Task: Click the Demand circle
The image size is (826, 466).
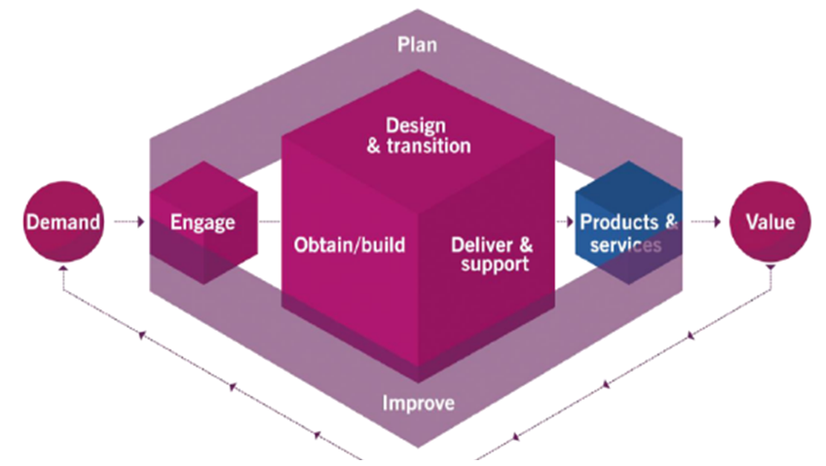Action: [62, 222]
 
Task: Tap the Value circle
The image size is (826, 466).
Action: [770, 222]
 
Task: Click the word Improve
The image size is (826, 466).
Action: [418, 402]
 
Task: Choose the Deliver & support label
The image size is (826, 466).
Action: [492, 253]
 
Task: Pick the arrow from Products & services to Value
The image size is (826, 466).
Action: [702, 222]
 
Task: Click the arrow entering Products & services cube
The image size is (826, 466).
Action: [565, 222]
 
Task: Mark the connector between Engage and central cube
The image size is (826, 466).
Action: [270, 222]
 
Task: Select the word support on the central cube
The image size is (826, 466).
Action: [497, 264]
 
